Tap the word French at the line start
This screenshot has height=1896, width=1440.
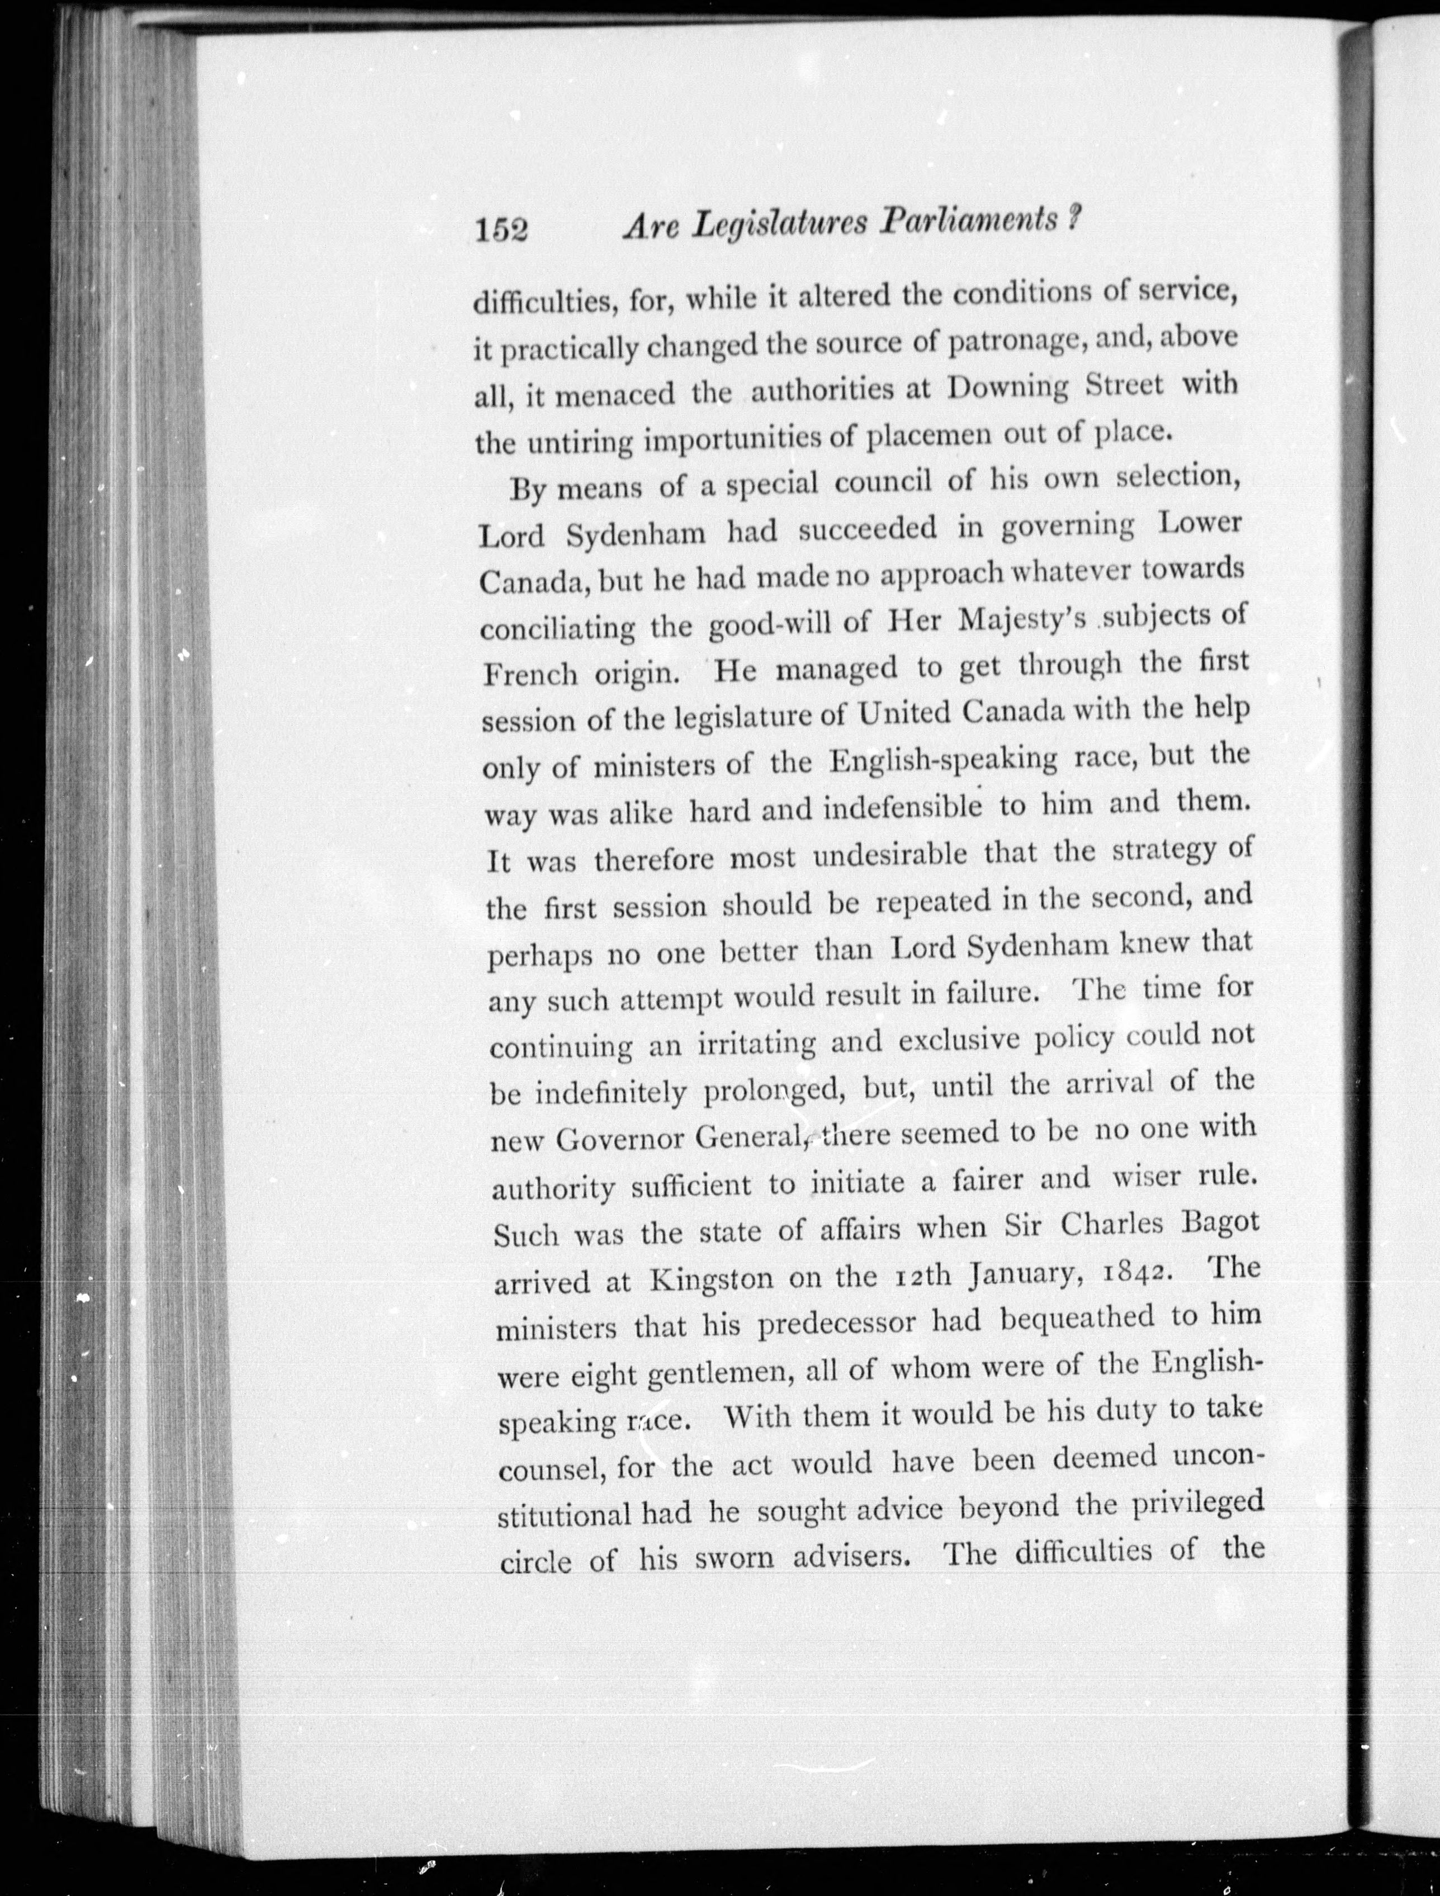click(x=529, y=674)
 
